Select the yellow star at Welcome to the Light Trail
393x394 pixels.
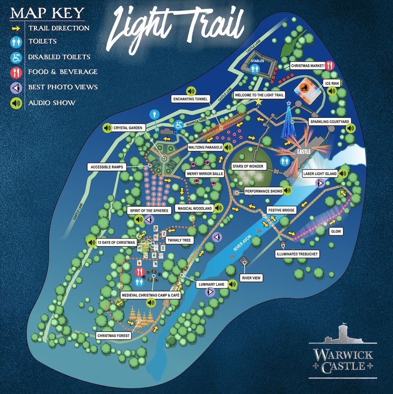point(259,102)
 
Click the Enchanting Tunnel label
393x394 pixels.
point(189,99)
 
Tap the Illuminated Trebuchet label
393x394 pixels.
point(297,254)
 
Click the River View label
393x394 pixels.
point(251,277)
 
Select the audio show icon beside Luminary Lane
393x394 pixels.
point(232,284)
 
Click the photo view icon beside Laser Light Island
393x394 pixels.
point(320,184)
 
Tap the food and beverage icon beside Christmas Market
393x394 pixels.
point(330,65)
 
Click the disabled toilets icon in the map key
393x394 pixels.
point(16,57)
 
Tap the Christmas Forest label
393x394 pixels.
point(113,335)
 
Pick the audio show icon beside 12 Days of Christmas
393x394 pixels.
point(91,242)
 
